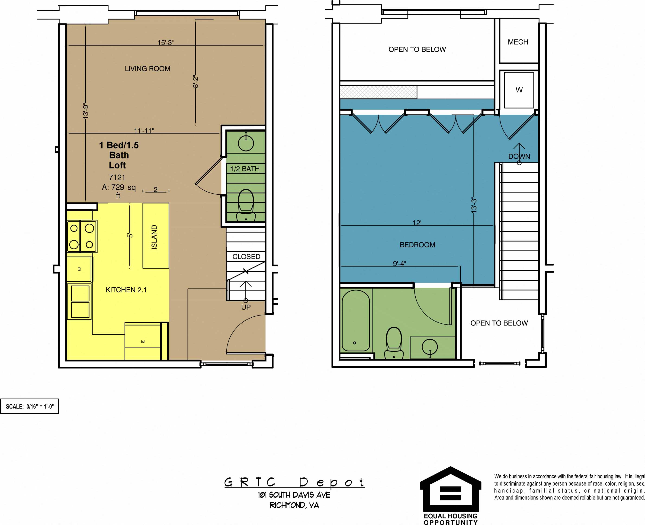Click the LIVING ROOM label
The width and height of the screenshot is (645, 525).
click(147, 69)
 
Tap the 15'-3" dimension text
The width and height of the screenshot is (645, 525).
click(165, 43)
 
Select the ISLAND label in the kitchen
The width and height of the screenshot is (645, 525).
click(154, 237)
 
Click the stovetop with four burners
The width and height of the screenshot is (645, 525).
click(82, 236)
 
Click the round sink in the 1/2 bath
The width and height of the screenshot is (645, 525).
click(246, 143)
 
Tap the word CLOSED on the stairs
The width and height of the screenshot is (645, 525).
click(246, 256)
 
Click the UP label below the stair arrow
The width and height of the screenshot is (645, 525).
click(246, 307)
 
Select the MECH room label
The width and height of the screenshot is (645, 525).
click(518, 42)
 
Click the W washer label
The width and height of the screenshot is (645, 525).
click(519, 90)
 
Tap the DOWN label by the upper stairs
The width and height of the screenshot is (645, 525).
click(519, 156)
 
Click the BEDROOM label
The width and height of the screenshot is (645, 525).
click(417, 245)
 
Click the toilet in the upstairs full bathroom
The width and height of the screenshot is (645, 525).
click(394, 343)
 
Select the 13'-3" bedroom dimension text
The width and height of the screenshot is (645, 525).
click(474, 205)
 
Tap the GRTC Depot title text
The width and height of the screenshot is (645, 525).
click(294, 482)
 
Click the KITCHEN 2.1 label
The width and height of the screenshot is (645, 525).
click(126, 290)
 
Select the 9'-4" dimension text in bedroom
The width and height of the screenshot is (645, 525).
click(399, 263)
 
